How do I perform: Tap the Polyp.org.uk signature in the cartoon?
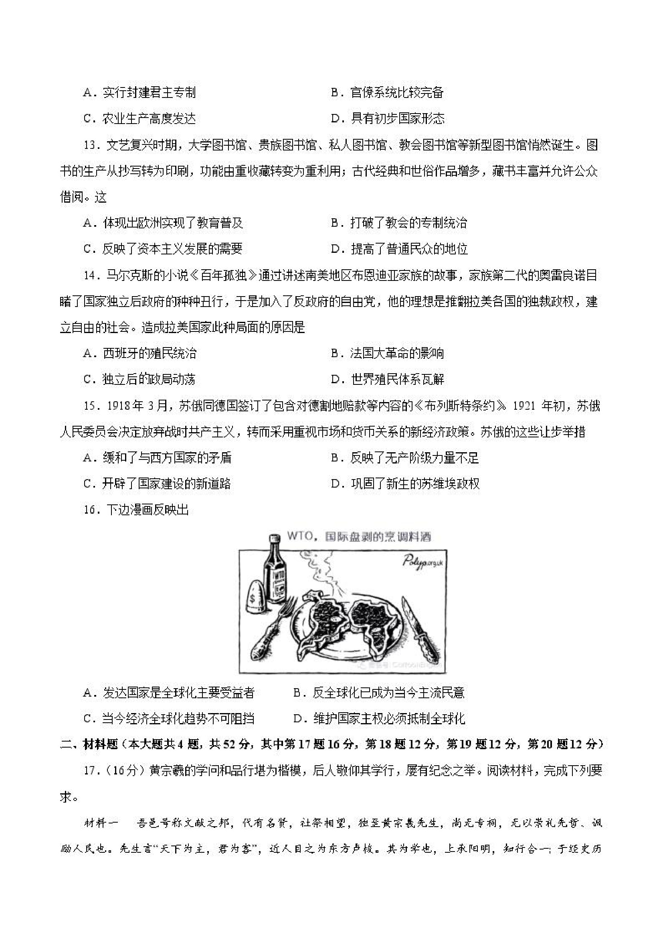(422, 562)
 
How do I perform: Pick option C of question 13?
(163, 249)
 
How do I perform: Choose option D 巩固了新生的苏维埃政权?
(405, 484)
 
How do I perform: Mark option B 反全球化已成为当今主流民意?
(379, 692)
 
